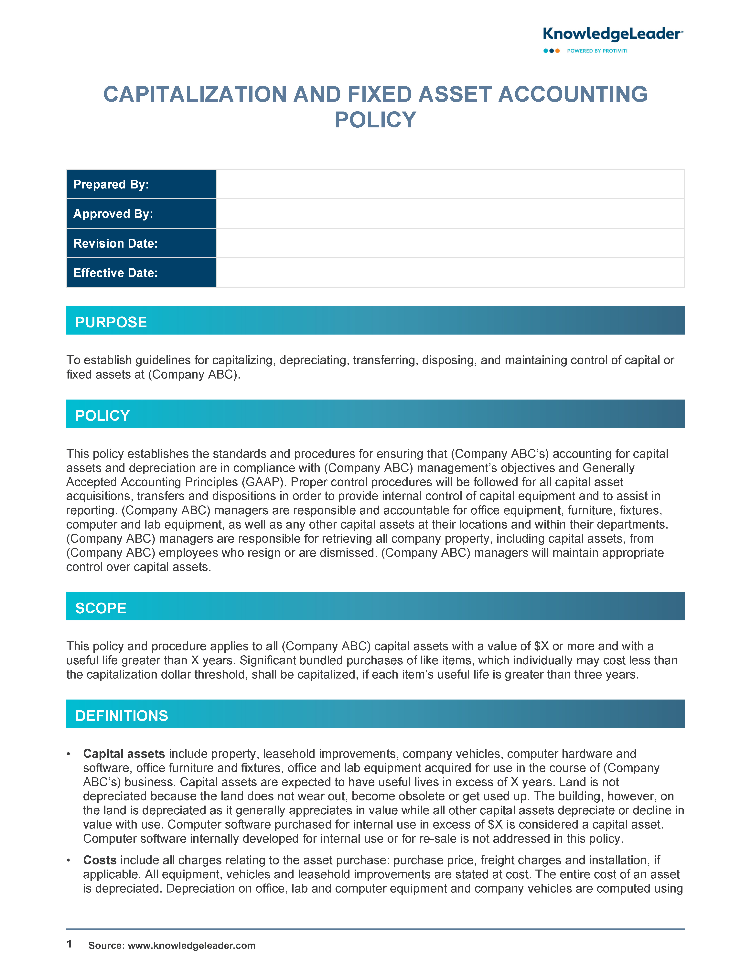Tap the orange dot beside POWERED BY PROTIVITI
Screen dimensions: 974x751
coord(557,51)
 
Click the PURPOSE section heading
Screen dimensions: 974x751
coord(111,322)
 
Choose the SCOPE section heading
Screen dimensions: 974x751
coord(101,608)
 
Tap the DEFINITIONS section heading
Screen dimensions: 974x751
coord(122,715)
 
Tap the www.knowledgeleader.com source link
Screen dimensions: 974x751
coord(192,946)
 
